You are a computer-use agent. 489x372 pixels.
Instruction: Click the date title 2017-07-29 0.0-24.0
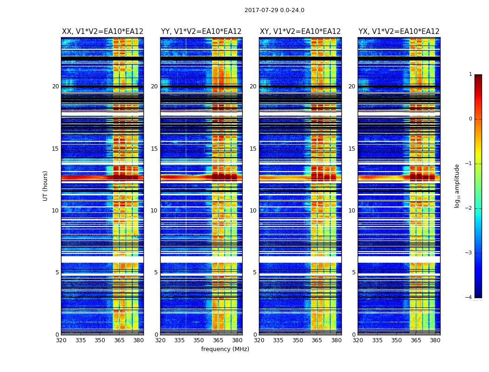(274, 10)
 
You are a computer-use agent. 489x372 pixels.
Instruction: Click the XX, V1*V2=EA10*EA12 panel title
(102, 32)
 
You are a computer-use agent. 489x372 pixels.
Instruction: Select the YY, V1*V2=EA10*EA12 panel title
(201, 32)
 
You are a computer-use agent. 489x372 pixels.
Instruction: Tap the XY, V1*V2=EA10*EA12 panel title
(300, 32)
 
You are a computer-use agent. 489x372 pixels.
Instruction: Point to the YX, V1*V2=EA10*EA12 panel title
(399, 32)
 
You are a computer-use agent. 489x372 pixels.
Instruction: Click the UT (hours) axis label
(46, 186)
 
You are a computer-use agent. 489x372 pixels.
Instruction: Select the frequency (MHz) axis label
(225, 349)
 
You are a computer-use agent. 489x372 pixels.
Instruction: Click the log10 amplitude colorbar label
(457, 186)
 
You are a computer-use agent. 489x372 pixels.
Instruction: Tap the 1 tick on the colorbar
(470, 74)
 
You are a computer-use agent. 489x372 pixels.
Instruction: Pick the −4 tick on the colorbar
(469, 298)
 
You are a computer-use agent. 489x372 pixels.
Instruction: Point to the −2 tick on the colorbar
(469, 208)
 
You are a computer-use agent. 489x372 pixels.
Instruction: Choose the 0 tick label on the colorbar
(470, 119)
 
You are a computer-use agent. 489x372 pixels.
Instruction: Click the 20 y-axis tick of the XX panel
(55, 86)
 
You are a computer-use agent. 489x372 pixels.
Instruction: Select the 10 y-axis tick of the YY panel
(154, 211)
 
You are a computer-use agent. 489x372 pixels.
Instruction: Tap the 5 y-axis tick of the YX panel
(353, 272)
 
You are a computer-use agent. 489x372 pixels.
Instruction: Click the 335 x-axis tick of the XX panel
(81, 340)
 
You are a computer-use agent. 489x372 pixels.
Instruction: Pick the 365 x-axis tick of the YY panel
(218, 340)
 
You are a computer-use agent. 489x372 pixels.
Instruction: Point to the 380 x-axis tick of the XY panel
(336, 340)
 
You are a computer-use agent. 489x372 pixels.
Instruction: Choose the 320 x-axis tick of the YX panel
(358, 340)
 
